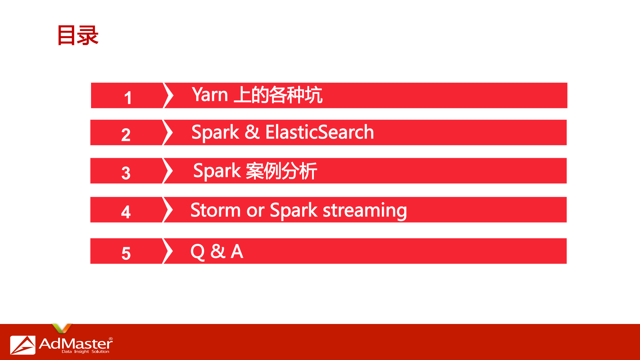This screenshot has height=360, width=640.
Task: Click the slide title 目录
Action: click(78, 35)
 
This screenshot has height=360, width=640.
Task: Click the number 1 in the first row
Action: click(128, 98)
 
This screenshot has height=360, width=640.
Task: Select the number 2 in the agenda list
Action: click(126, 135)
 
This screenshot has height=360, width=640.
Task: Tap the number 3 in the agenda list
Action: click(126, 173)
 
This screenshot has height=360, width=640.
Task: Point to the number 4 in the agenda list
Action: click(126, 212)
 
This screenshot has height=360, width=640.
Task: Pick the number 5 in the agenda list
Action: click(126, 253)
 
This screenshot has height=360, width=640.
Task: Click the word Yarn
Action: click(210, 95)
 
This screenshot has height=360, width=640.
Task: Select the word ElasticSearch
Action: click(319, 132)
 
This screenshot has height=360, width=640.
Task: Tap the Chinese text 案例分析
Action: click(281, 171)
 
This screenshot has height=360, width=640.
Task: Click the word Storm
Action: click(215, 210)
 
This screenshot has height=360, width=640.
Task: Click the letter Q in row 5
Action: click(197, 252)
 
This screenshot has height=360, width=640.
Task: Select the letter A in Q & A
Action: click(237, 251)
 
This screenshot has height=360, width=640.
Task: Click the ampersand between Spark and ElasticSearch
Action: click(252, 132)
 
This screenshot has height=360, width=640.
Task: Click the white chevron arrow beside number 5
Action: click(168, 251)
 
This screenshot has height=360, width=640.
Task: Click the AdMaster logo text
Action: click(76, 343)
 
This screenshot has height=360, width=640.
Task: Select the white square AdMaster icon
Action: click(23, 345)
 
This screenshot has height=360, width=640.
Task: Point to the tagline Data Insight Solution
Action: click(85, 352)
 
